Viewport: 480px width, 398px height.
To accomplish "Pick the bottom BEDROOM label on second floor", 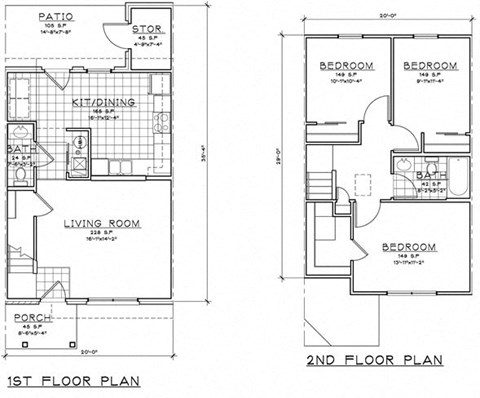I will [x=409, y=247].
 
